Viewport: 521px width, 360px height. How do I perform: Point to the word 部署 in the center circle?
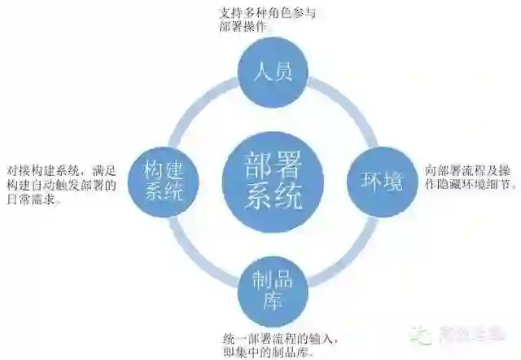(273, 165)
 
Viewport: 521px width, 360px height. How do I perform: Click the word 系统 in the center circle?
(273, 196)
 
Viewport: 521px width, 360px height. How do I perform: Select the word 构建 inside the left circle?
(165, 169)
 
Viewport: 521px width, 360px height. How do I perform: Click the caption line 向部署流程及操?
(468, 172)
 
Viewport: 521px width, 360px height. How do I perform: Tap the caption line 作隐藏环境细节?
(470, 185)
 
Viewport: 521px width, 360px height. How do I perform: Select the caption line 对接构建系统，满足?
(61, 170)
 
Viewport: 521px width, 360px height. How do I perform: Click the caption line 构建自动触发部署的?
(61, 185)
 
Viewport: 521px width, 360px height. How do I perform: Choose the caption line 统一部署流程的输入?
(278, 337)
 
